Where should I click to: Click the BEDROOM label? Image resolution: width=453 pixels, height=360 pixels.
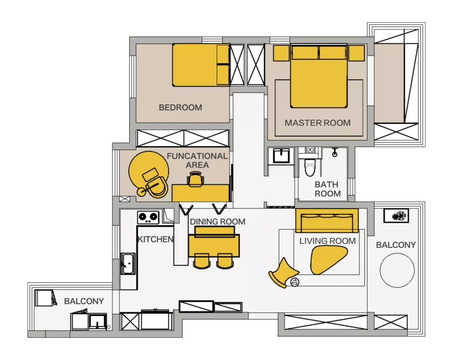point(180,108)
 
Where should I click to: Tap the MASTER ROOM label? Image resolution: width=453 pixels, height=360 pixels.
point(318,123)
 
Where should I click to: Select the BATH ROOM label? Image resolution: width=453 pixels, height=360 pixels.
point(328,189)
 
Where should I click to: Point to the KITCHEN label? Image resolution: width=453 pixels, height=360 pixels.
point(155,240)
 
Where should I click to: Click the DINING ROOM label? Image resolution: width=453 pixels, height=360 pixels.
point(217,221)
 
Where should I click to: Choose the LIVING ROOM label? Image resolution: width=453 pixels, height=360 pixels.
point(327,241)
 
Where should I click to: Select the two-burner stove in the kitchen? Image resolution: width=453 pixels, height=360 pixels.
point(148,217)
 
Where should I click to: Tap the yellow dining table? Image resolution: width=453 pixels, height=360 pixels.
point(214,246)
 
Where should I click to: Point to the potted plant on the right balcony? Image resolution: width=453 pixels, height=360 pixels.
point(397,216)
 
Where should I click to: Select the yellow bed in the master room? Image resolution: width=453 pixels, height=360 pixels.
point(319,82)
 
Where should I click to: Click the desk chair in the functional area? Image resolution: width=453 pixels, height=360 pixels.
point(195,180)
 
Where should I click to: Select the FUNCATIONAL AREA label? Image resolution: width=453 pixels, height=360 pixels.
point(197,161)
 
